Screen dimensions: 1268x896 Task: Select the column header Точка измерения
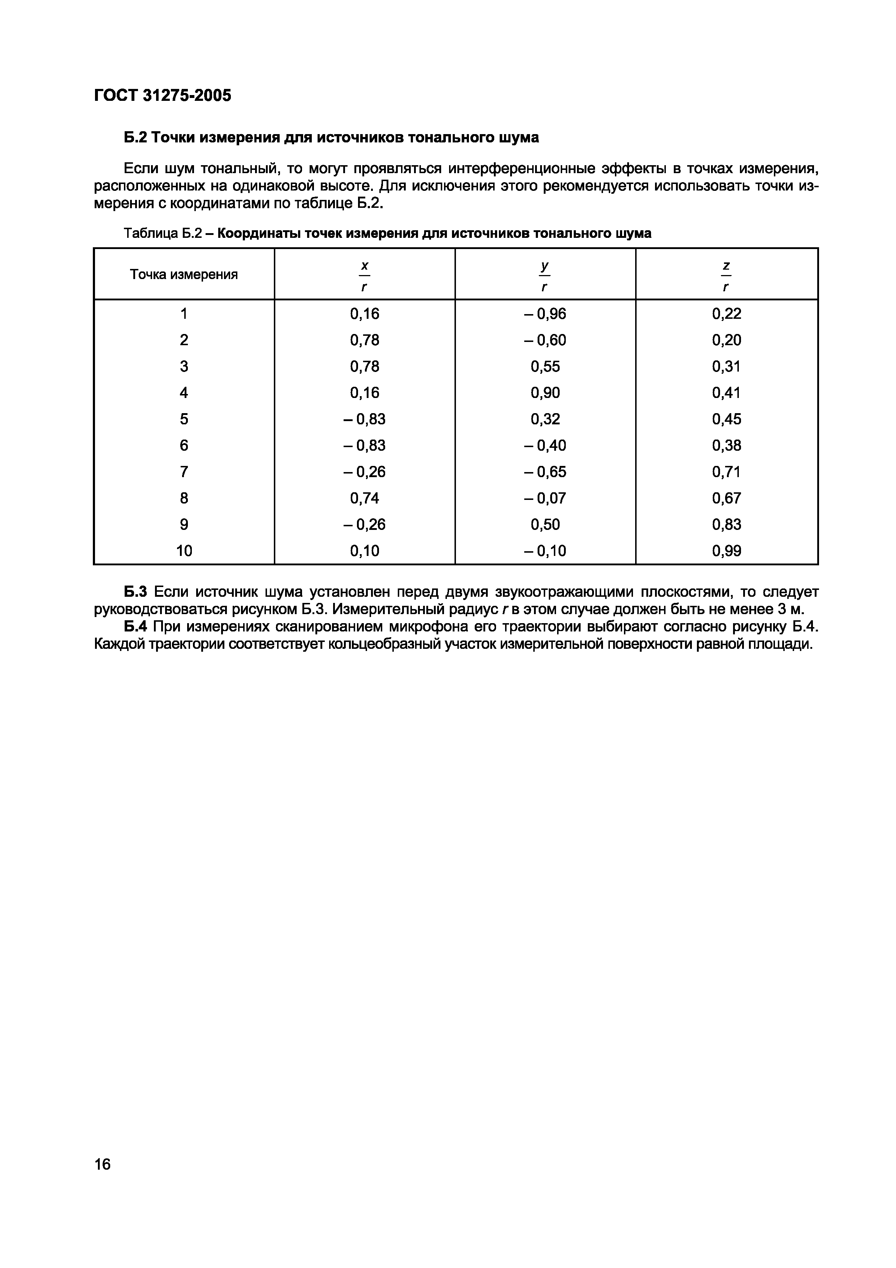(184, 274)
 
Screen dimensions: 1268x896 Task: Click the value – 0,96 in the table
(545, 314)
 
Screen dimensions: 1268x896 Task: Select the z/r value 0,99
(727, 551)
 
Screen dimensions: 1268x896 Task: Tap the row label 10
(184, 551)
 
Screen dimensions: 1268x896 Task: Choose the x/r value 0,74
(365, 498)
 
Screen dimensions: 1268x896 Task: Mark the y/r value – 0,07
(545, 498)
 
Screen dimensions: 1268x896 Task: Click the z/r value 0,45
(727, 419)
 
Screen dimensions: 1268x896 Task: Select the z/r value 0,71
(727, 472)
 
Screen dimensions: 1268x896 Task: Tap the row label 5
(184, 419)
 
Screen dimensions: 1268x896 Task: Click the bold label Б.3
(135, 592)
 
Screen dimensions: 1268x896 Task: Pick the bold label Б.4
(135, 627)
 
